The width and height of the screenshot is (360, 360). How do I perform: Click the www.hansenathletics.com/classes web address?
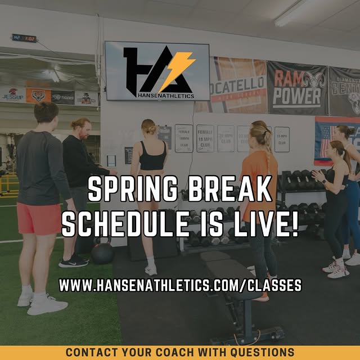click(x=180, y=285)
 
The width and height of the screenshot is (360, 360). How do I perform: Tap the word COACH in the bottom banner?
click(x=165, y=353)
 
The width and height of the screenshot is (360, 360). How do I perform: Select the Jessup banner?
click(x=12, y=94)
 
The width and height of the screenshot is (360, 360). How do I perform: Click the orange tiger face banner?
click(x=38, y=96)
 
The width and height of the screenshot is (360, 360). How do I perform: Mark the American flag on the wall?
click(x=325, y=138)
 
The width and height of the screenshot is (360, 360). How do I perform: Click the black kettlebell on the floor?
click(x=102, y=253)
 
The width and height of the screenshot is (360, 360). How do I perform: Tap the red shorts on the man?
click(x=38, y=218)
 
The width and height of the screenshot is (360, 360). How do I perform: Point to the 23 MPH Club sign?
click(x=282, y=139)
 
